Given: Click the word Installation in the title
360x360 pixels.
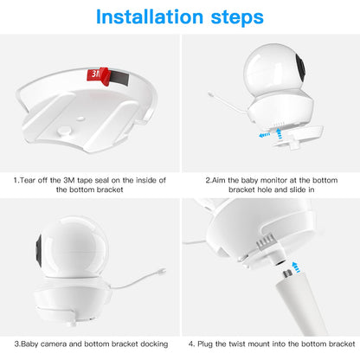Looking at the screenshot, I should (144, 17).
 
